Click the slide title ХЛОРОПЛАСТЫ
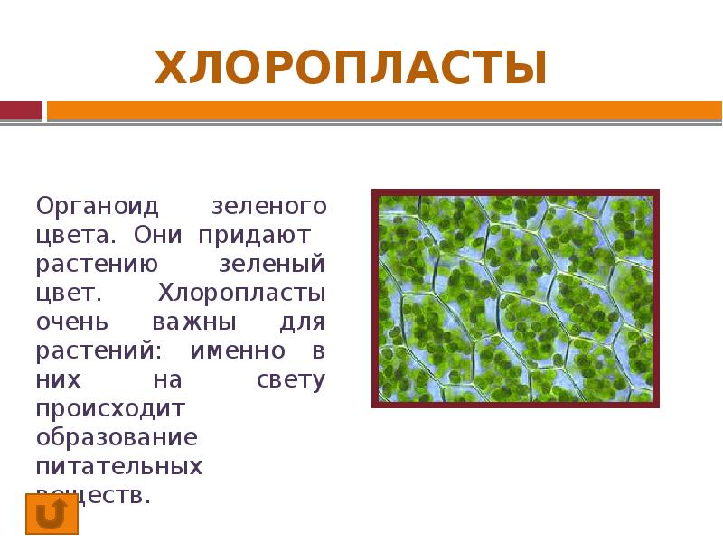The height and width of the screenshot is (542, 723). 351,69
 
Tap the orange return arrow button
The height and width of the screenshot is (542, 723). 52,514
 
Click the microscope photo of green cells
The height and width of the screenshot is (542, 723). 516,297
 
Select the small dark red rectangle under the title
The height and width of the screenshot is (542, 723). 21,110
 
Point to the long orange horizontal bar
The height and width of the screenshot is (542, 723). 384,110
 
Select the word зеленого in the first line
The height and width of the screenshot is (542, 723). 268,206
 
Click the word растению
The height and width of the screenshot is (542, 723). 98,264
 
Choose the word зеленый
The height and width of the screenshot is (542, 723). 272,264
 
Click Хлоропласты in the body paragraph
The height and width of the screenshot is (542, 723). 242,293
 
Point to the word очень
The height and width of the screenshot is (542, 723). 73,322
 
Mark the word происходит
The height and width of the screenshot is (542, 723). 110,408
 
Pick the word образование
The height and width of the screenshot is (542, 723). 117,437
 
